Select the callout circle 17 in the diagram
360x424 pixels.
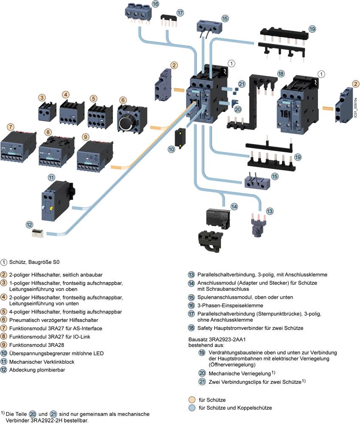[x=180, y=13]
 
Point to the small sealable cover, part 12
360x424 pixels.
[x=39, y=233]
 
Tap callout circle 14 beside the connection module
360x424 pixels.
[x=234, y=206]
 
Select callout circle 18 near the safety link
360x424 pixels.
[x=280, y=73]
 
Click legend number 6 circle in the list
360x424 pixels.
[x=4, y=320]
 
